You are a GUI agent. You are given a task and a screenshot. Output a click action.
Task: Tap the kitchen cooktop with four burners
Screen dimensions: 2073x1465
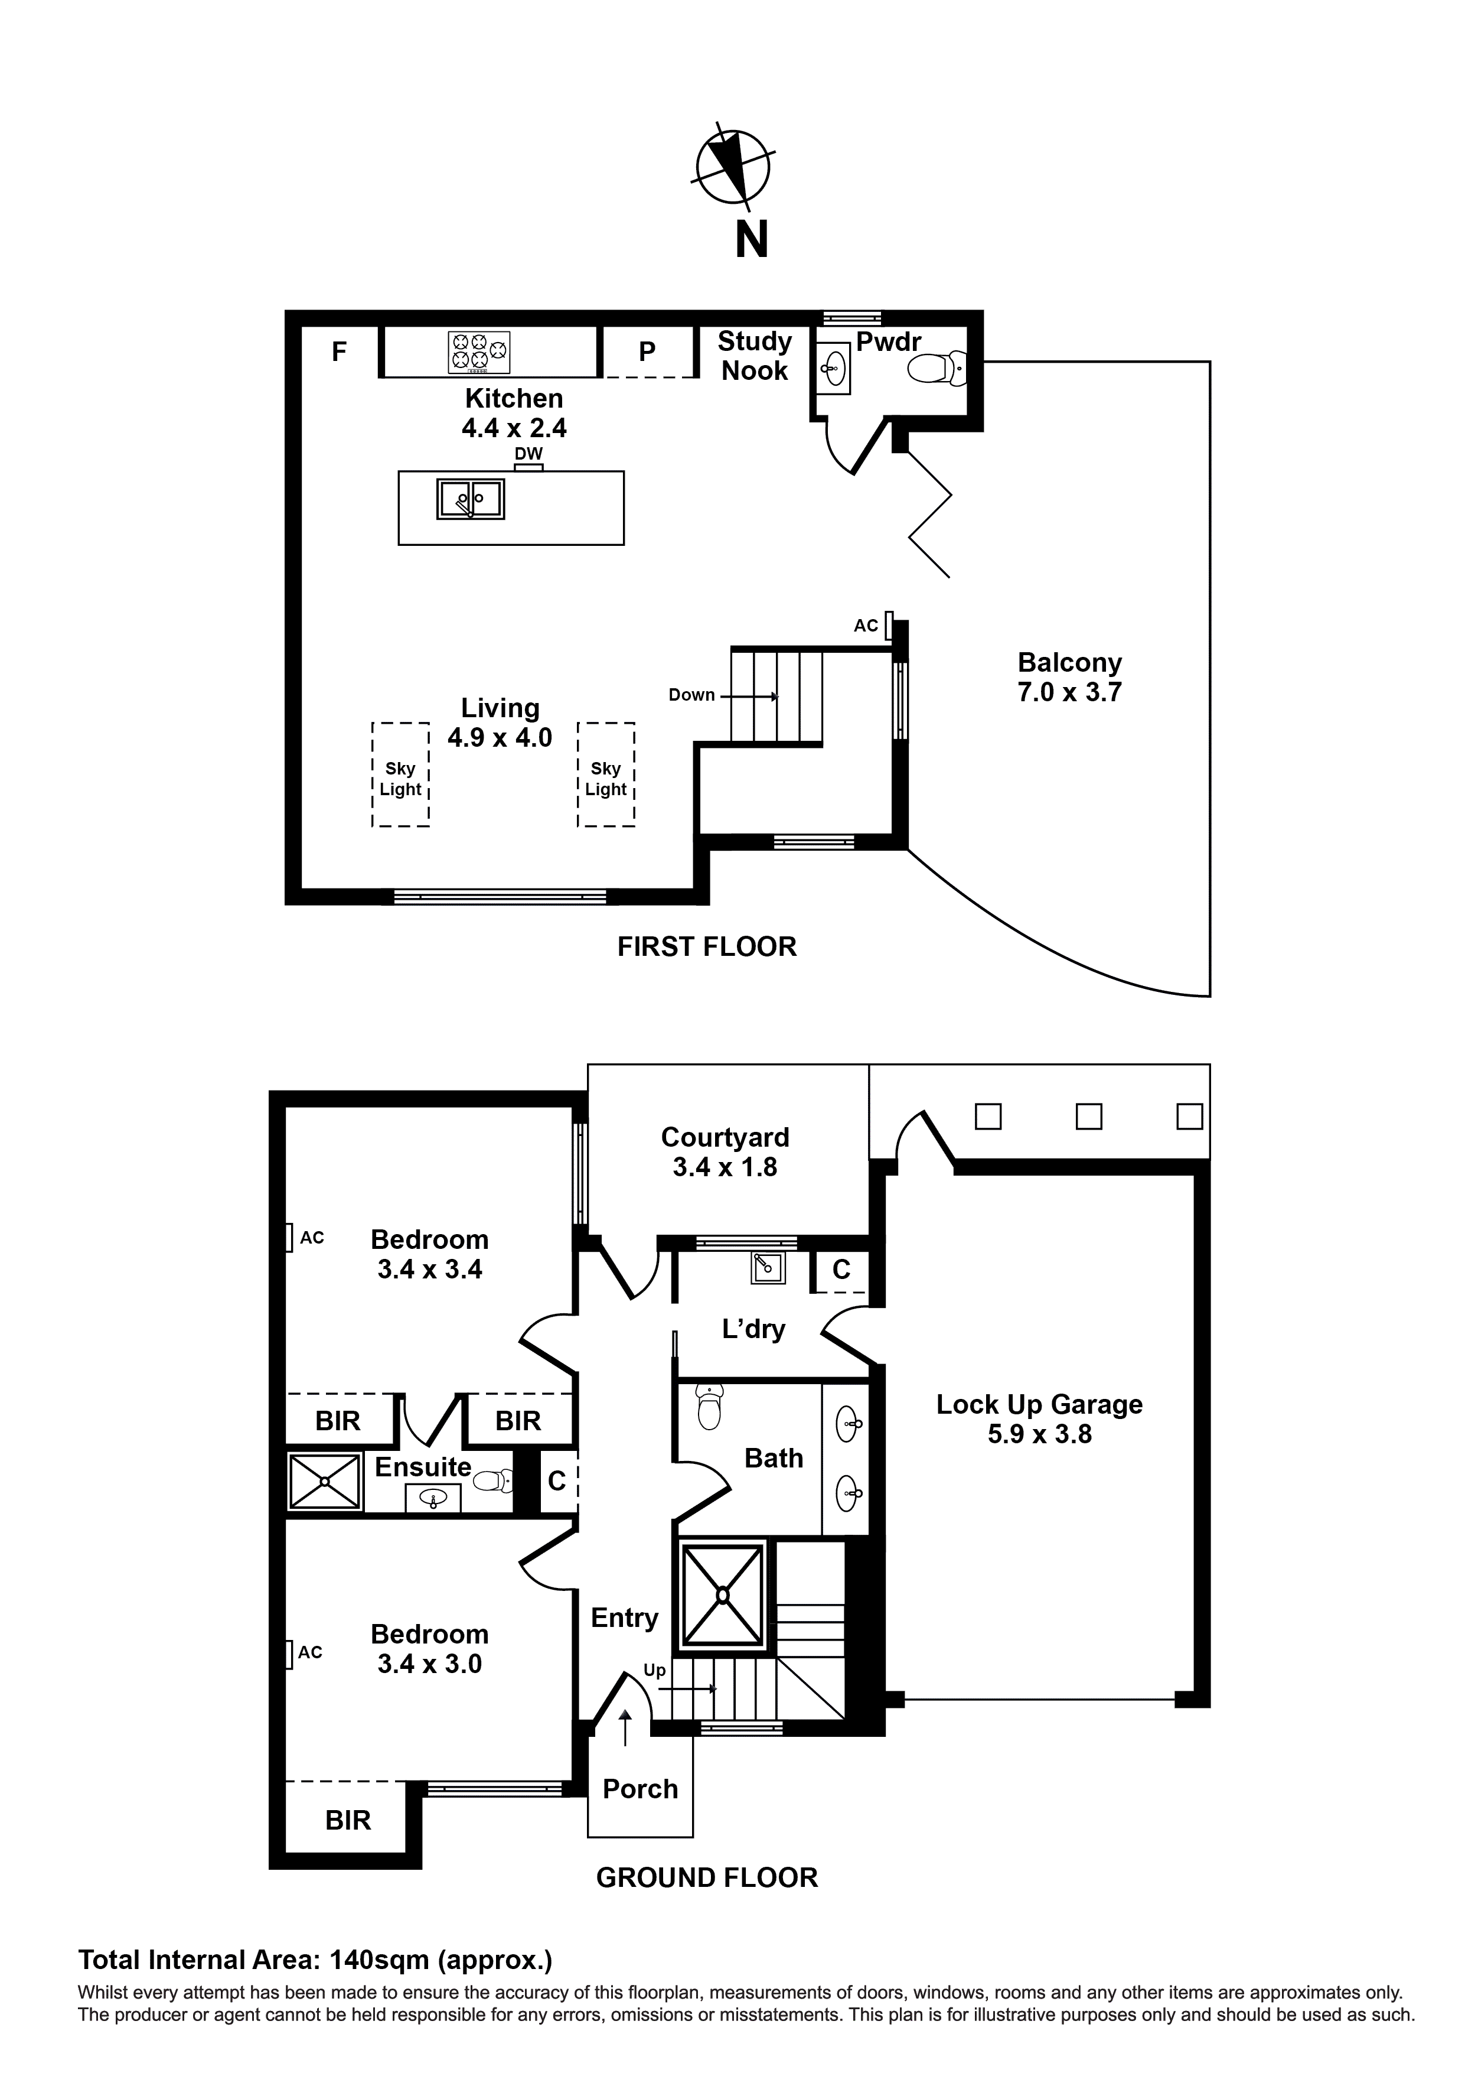tap(478, 352)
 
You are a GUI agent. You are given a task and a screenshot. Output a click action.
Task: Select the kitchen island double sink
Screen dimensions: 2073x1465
tap(470, 499)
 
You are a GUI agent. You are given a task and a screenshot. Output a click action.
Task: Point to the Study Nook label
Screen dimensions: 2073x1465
tap(755, 356)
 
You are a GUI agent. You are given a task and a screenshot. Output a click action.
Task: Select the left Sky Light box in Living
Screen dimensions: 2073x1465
tap(400, 774)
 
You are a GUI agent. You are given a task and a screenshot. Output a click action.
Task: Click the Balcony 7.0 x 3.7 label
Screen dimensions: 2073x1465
tap(1069, 677)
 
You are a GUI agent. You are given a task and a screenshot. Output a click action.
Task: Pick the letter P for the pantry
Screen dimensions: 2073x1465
tap(647, 352)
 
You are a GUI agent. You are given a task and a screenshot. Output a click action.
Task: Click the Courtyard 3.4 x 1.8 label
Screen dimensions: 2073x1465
tap(725, 1152)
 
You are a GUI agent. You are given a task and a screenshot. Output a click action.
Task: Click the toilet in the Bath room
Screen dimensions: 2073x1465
tap(710, 1410)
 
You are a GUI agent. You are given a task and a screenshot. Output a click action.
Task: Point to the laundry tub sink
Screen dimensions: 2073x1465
tap(768, 1268)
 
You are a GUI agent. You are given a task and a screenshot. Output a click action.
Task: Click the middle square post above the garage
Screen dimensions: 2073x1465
tap(1089, 1117)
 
